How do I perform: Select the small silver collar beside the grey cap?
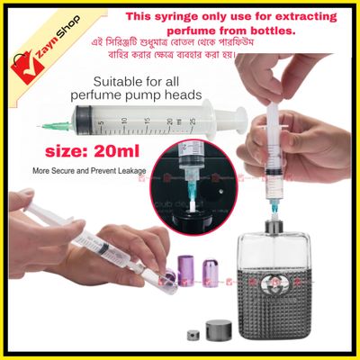click(x=192, y=336)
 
